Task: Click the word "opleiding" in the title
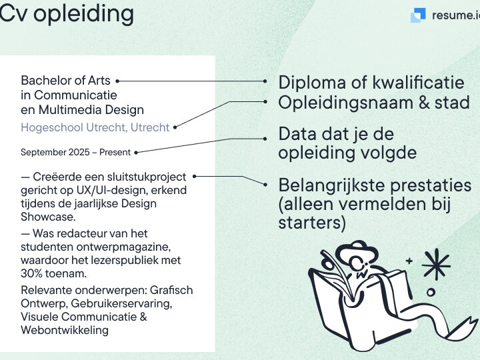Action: (x=83, y=14)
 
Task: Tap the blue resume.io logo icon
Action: (x=418, y=15)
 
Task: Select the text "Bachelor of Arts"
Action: (x=65, y=81)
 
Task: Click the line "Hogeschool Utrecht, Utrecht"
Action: (x=95, y=127)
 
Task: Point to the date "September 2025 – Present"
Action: (x=75, y=152)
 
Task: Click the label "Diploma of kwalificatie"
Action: (x=371, y=83)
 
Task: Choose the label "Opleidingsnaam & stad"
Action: (x=374, y=103)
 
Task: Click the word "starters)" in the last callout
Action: (x=312, y=223)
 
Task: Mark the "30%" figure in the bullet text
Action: (x=31, y=273)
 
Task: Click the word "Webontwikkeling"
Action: (x=65, y=330)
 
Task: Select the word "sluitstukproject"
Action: (x=147, y=177)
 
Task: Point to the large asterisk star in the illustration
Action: (x=436, y=264)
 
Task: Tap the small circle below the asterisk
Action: (x=431, y=293)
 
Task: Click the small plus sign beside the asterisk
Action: (x=409, y=261)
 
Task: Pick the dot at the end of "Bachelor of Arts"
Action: (x=117, y=81)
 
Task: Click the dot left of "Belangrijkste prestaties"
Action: (x=265, y=185)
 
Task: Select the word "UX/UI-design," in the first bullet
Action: (x=111, y=190)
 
